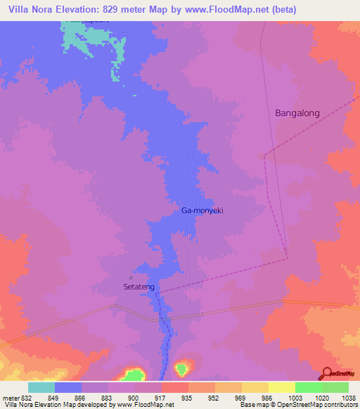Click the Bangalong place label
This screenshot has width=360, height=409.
(x=297, y=112)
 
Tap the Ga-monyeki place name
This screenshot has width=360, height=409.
(x=202, y=210)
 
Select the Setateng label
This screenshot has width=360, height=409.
(x=139, y=287)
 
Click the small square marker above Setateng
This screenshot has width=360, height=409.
(x=131, y=276)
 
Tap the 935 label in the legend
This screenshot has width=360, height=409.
(x=174, y=398)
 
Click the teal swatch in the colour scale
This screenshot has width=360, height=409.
(x=41, y=387)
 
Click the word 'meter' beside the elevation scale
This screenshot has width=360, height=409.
(x=10, y=398)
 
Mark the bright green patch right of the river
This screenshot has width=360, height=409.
(x=183, y=368)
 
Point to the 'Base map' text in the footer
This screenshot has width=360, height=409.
(x=255, y=405)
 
